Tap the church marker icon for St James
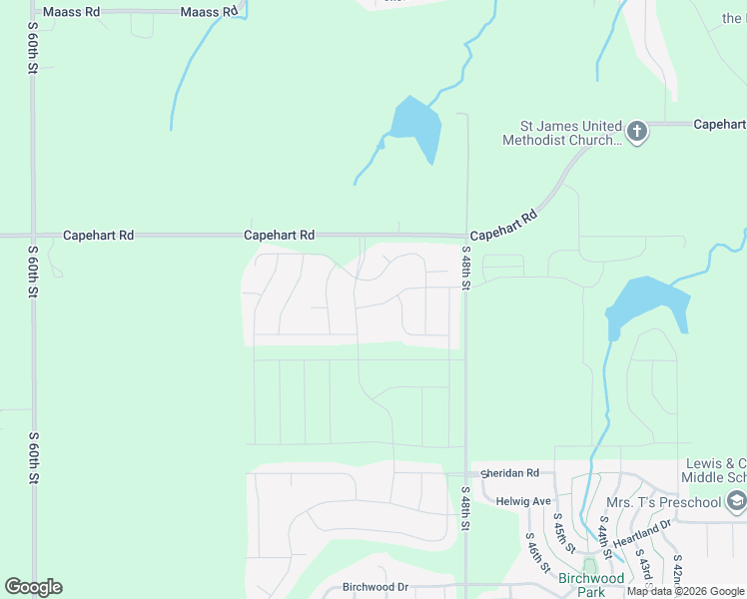pos(637,131)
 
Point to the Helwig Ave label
pos(527,501)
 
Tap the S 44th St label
pos(606,538)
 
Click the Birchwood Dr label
pos(375,587)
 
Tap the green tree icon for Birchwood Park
pos(589,564)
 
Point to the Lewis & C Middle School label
pos(715,471)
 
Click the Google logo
pos(33,587)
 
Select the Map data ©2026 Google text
pos(685,592)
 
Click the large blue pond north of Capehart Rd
pos(414,124)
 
